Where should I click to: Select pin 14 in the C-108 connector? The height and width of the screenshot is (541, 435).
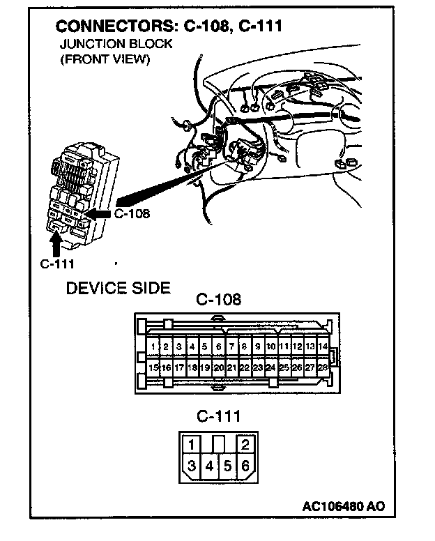pos(323,346)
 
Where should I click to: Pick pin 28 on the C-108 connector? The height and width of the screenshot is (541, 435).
pos(323,367)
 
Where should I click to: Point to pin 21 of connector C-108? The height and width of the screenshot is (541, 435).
pos(231,367)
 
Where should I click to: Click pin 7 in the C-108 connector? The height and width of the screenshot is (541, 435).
pos(231,346)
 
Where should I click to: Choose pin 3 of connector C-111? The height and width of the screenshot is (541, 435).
pos(190,466)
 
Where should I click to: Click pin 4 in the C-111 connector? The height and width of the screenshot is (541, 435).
pos(209,466)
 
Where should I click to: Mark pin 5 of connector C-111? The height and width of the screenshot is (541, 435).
pos(227,466)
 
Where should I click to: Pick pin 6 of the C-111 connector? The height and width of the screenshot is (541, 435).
pos(245,466)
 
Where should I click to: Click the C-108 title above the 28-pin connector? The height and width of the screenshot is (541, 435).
pos(218,300)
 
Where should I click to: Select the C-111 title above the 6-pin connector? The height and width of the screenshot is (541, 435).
pos(218,417)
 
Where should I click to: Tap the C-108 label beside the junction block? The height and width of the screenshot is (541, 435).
pos(132,214)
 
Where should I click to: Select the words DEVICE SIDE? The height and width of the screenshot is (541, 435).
pos(118,288)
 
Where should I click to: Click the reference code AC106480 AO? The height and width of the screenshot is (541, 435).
pos(344,506)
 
